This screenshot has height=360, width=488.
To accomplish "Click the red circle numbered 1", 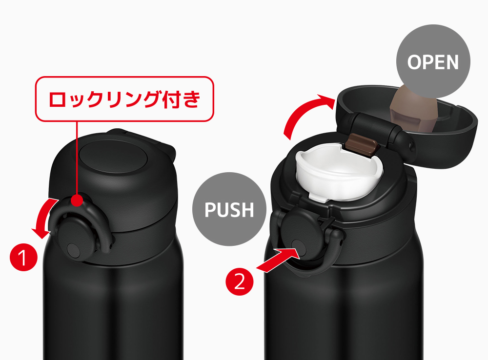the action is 23,258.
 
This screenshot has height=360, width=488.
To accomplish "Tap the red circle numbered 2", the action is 239,281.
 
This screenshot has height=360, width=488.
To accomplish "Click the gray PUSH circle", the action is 229,209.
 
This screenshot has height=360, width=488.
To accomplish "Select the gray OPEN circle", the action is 433,61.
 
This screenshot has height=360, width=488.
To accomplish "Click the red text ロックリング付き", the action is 124,99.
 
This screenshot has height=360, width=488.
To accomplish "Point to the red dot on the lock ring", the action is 77,200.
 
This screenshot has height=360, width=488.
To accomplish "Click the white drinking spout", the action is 339,174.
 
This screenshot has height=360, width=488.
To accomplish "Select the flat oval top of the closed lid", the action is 113,156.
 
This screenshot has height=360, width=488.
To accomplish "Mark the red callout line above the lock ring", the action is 77,158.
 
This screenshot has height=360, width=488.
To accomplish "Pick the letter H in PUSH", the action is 247,209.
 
